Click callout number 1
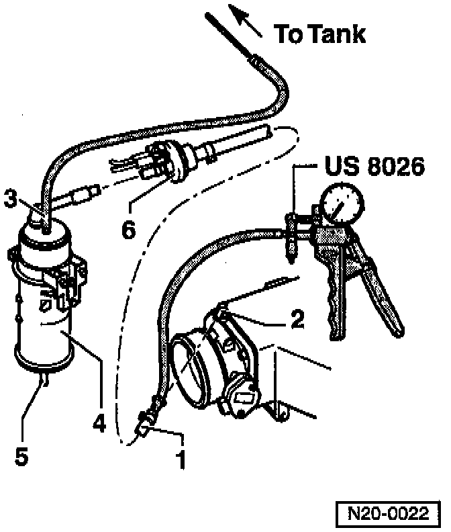click(x=180, y=460)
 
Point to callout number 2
click(x=296, y=320)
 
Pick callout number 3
click(x=10, y=197)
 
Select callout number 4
click(x=99, y=423)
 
